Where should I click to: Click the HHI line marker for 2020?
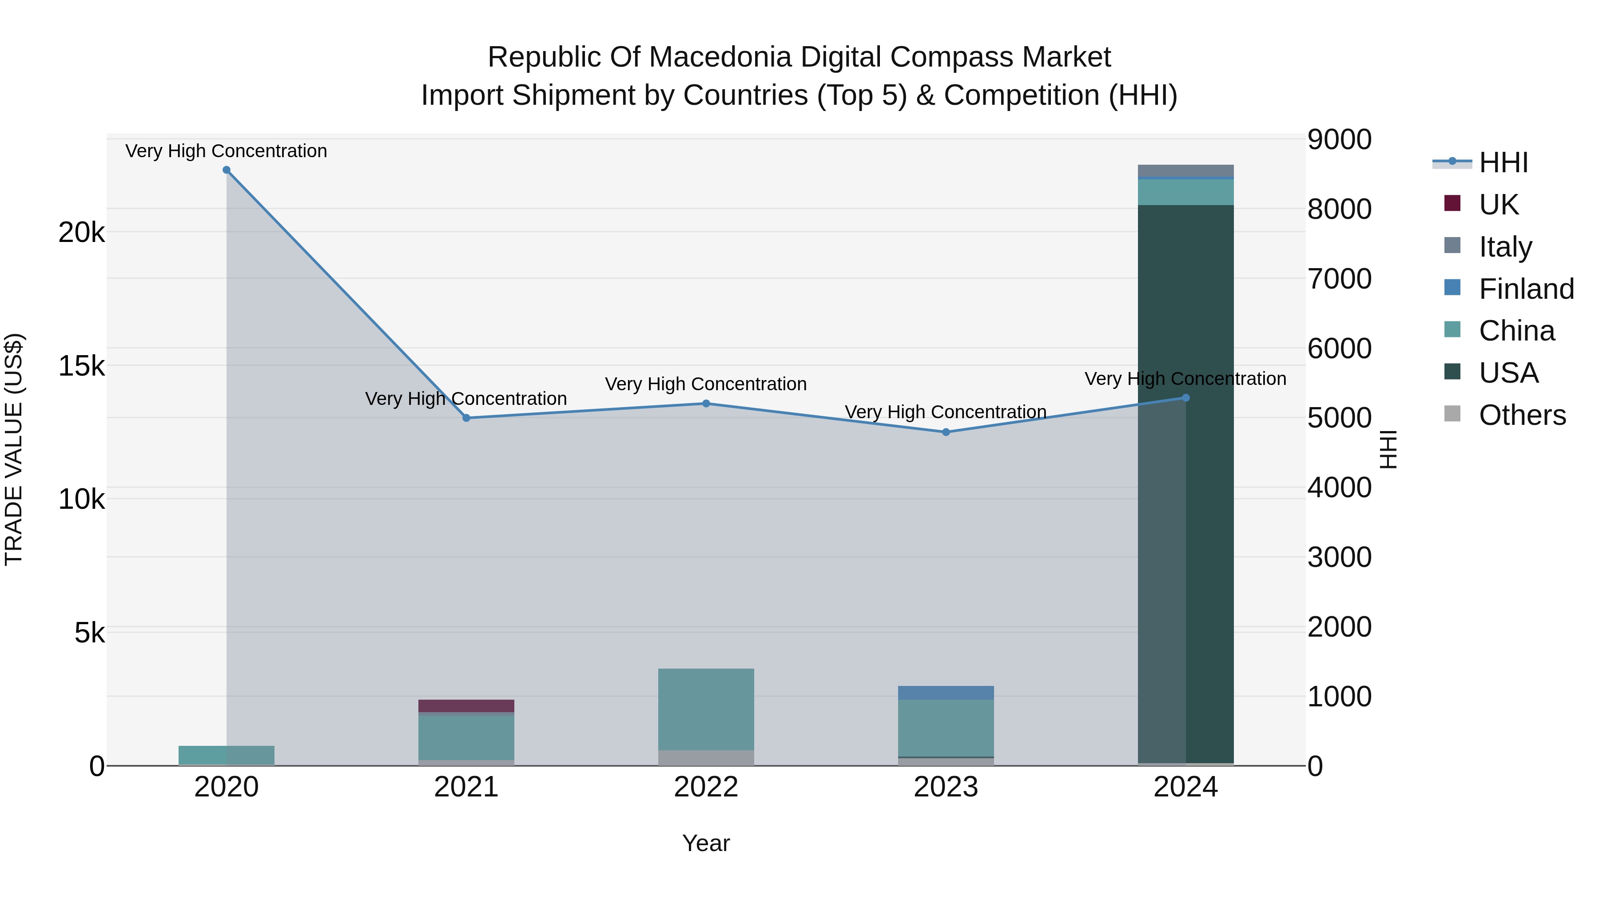click(x=227, y=170)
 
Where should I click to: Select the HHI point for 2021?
click(x=466, y=418)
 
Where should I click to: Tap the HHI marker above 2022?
click(x=706, y=404)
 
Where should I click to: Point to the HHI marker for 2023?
click(x=946, y=432)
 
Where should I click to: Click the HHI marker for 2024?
click(x=1185, y=398)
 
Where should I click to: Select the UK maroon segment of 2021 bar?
click(x=466, y=706)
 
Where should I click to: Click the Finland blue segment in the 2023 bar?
click(x=946, y=693)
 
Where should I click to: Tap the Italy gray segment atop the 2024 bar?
click(x=1185, y=170)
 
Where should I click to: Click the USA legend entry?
click(x=1508, y=373)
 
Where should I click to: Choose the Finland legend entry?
click(x=1526, y=289)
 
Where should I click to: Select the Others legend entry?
click(x=1522, y=415)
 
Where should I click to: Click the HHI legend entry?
click(x=1502, y=162)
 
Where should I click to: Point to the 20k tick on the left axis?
click(x=81, y=233)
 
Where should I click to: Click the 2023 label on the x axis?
click(x=946, y=787)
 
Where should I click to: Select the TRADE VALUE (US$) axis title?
click(x=14, y=449)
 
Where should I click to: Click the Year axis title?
click(x=706, y=843)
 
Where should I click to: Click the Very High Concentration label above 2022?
click(x=706, y=384)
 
